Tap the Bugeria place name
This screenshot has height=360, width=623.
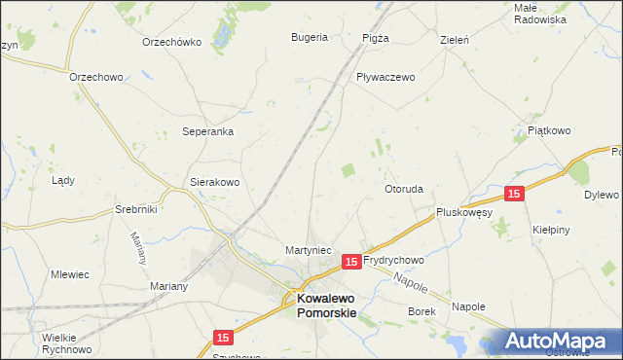(x=309, y=38)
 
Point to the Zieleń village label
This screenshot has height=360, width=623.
(x=455, y=41)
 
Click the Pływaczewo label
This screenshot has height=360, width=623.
(x=385, y=77)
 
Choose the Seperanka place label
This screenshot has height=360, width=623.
(x=208, y=131)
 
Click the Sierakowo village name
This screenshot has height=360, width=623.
(x=214, y=182)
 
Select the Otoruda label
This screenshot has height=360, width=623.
(x=404, y=189)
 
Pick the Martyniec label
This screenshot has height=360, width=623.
(x=310, y=250)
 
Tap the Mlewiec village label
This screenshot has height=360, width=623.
(x=70, y=274)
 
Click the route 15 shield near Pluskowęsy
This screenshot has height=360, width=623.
(x=515, y=194)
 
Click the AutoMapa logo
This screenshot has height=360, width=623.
(x=551, y=341)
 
